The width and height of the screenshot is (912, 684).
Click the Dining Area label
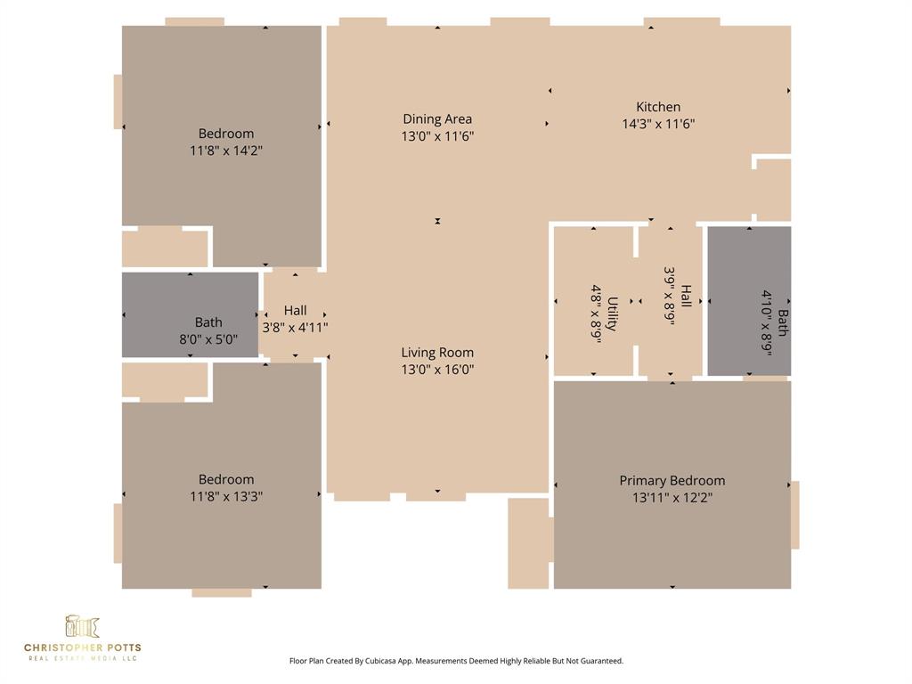(x=437, y=119)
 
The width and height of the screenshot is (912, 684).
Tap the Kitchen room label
(x=658, y=107)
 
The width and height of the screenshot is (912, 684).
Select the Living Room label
(x=437, y=353)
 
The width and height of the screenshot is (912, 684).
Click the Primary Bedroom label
(x=672, y=481)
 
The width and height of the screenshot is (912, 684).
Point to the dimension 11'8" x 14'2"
(x=226, y=151)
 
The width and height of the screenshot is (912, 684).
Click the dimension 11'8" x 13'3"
(x=226, y=496)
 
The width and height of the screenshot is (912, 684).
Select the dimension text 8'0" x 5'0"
(x=208, y=339)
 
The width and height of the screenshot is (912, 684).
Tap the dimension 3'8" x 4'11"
(x=295, y=327)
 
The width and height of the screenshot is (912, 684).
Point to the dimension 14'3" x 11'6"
(x=658, y=124)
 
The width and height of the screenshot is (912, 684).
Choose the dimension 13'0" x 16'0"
(x=437, y=370)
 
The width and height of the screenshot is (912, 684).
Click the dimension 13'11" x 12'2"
(x=672, y=498)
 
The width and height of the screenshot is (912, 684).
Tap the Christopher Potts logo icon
(x=82, y=626)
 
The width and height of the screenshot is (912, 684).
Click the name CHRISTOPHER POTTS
(x=82, y=647)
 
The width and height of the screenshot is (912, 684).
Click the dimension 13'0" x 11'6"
(x=437, y=136)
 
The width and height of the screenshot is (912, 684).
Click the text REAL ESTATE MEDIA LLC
(x=82, y=658)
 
